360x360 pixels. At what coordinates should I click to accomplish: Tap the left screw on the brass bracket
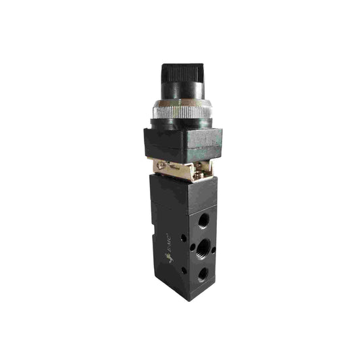tap(161, 166)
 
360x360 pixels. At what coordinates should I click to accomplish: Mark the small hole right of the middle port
tap(213, 250)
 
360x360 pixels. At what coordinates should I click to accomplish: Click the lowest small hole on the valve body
tap(184, 270)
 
